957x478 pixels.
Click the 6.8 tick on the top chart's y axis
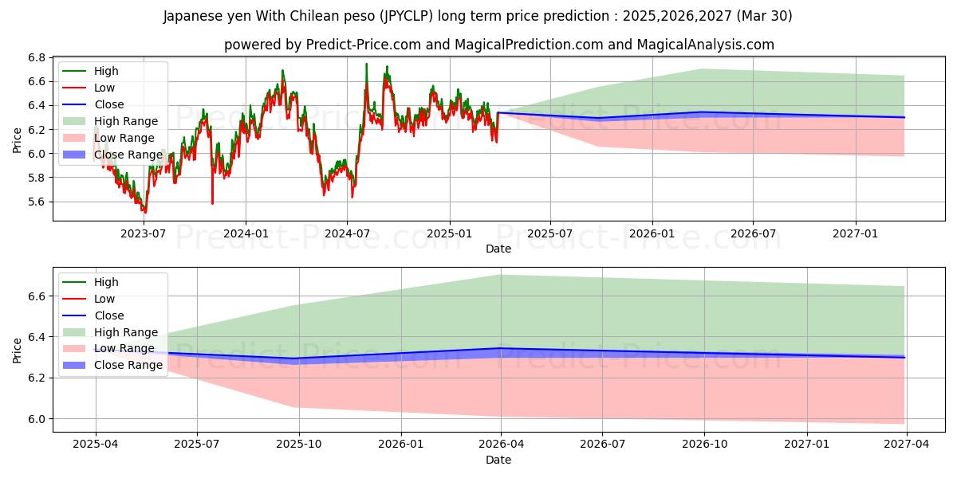pos(37,57)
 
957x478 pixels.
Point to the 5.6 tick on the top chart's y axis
pos(37,202)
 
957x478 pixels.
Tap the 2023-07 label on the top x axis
pos(143,233)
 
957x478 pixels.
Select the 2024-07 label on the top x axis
pos(347,233)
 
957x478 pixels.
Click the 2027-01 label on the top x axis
pos(856,233)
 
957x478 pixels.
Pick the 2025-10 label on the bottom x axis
pos(299,445)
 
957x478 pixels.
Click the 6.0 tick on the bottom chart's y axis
pos(37,418)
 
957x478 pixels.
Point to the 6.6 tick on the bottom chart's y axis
pos(37,296)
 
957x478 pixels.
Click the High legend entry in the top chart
pos(106,71)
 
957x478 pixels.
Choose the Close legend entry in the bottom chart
pos(109,315)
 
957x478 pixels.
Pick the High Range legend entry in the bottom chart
pos(126,332)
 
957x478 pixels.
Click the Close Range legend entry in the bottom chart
pos(128,366)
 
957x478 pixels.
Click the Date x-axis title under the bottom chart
pos(498,460)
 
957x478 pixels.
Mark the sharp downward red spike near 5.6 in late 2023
pos(212,203)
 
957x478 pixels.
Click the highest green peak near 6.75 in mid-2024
pos(367,64)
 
